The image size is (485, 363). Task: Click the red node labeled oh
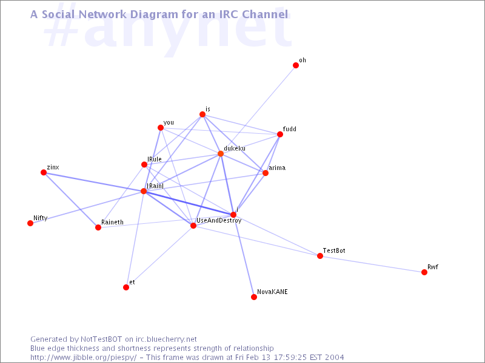pyautogui.click(x=296, y=65)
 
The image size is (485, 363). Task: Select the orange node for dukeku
pyautogui.click(x=221, y=154)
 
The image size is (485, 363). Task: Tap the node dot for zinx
pyautogui.click(x=44, y=172)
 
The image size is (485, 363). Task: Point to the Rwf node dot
pyautogui.click(x=424, y=272)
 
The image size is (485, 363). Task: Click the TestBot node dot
pyautogui.click(x=320, y=256)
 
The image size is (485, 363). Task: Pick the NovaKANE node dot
pyautogui.click(x=254, y=297)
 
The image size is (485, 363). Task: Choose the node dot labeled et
pyautogui.click(x=126, y=287)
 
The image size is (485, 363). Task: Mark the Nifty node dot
pyautogui.click(x=30, y=223)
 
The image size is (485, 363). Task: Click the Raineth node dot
pyautogui.click(x=98, y=227)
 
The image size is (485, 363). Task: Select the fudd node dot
pyautogui.click(x=280, y=134)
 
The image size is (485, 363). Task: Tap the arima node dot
pyautogui.click(x=266, y=173)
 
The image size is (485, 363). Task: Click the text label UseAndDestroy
pyautogui.click(x=219, y=221)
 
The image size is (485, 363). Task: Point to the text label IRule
pyautogui.click(x=155, y=159)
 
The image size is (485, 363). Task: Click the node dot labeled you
pyautogui.click(x=161, y=128)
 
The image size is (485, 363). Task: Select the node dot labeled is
pyautogui.click(x=202, y=114)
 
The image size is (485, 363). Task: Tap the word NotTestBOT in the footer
pyautogui.click(x=101, y=339)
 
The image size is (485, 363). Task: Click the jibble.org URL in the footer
pyautogui.click(x=84, y=358)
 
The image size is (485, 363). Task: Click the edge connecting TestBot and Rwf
pyautogui.click(x=372, y=264)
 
